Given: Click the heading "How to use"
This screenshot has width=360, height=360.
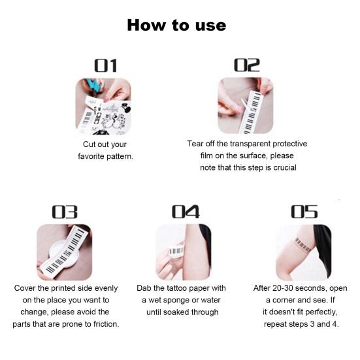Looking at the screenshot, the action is pos(176,25).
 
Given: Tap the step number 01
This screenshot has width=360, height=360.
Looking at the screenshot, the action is pos(106,66).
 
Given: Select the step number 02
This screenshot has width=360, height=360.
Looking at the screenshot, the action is pos(247,65).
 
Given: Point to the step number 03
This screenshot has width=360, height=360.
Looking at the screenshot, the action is pos(65,212).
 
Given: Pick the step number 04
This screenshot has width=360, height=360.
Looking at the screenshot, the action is pos(186,212).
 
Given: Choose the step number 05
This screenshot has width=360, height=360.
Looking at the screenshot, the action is pos(304,212).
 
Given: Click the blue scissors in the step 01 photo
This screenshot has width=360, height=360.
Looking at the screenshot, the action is pos(95,86).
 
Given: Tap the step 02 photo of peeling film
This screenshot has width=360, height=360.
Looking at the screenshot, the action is pos(246,106).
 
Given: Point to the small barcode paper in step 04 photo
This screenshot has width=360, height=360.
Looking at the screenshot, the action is pos(176,251).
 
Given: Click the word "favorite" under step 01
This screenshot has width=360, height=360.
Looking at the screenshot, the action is pos(91,156).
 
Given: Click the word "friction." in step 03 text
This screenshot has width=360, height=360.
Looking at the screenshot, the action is pos(106,324).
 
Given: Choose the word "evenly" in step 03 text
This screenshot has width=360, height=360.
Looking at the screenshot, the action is pos(106,288).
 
